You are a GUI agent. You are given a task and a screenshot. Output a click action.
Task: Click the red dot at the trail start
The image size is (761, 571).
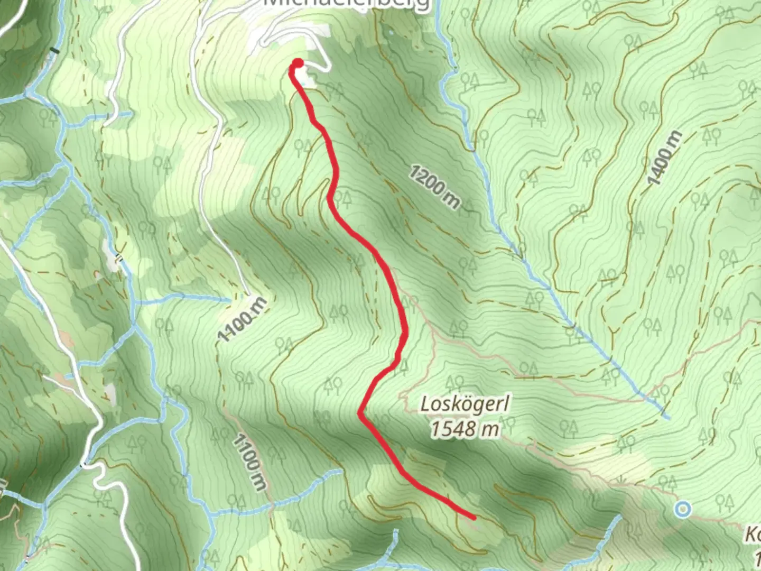pyautogui.click(x=298, y=63)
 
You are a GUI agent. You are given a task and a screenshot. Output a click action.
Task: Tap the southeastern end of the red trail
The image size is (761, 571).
pyautogui.click(x=474, y=517)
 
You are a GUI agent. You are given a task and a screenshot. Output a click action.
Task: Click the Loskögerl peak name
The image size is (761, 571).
pyautogui.click(x=465, y=405)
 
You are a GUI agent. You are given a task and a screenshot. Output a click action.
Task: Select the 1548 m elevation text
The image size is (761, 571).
pyautogui.click(x=465, y=428)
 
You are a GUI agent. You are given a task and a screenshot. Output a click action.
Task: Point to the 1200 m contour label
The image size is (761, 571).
pyautogui.click(x=434, y=187)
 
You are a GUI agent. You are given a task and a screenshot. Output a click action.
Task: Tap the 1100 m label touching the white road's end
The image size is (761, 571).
pyautogui.click(x=243, y=319)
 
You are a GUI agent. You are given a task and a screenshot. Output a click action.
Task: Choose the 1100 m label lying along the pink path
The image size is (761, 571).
pyautogui.click(x=249, y=462)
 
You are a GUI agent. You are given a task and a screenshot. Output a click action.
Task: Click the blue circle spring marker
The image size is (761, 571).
pyautogui.click(x=683, y=509)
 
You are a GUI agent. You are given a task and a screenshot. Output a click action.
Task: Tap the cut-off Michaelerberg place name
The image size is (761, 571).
pyautogui.click(x=346, y=4)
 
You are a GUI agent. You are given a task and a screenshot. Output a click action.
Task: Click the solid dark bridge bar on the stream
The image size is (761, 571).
pyautogui.click(x=53, y=51)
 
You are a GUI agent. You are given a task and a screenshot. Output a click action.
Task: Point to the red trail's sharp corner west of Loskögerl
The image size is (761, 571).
pyautogui.click(x=360, y=413)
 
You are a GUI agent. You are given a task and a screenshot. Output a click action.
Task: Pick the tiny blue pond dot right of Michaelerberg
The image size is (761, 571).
pyautogui.click(x=390, y=33)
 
